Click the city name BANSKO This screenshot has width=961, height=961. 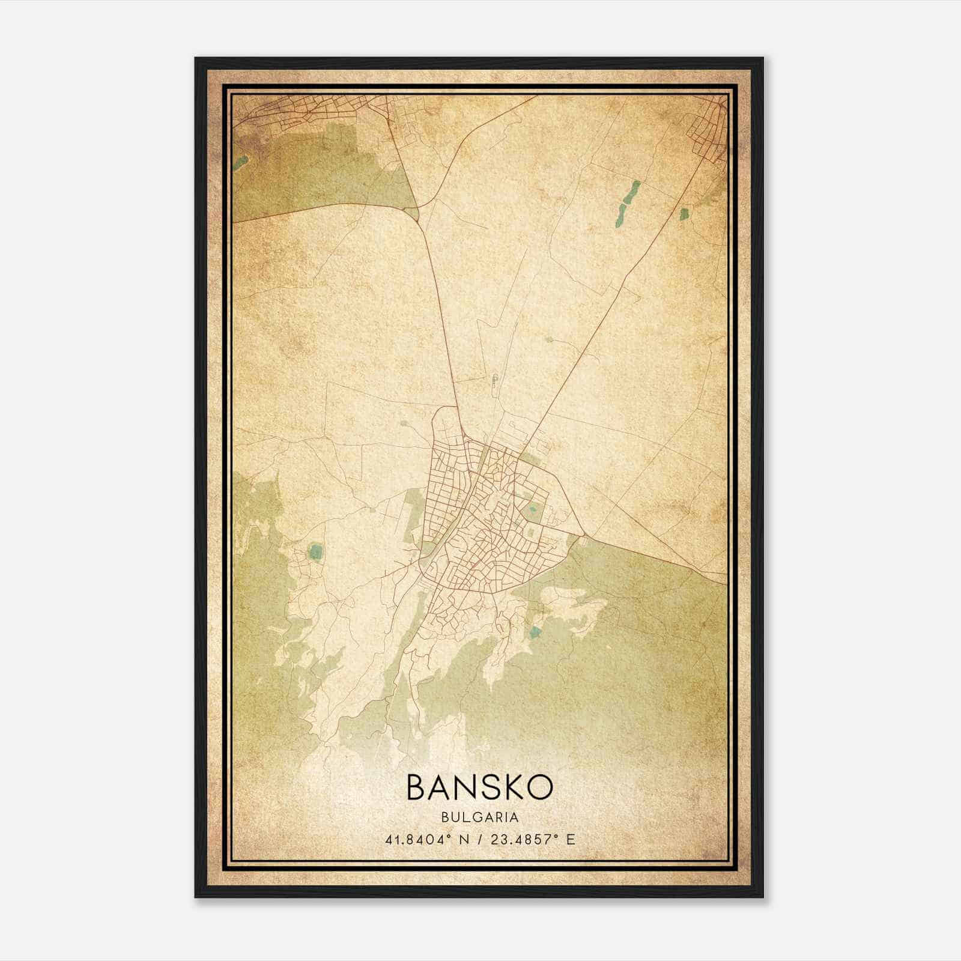tap(479, 787)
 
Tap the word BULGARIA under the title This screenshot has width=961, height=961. tap(479, 817)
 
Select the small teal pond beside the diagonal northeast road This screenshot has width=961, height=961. tap(683, 213)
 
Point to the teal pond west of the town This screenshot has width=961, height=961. tap(314, 551)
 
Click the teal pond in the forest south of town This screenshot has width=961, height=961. tap(535, 631)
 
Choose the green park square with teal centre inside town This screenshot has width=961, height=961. tap(532, 512)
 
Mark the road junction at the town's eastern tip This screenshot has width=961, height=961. tap(582, 534)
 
